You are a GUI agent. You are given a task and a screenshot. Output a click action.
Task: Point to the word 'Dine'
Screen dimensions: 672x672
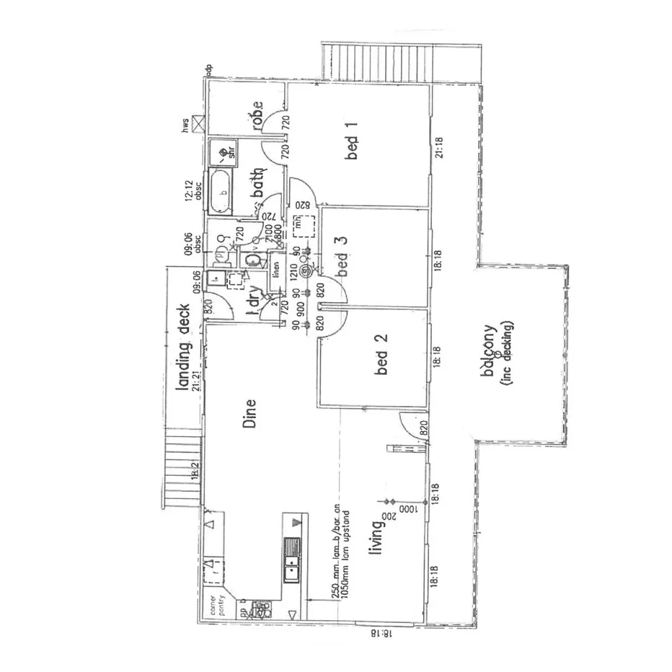(249, 414)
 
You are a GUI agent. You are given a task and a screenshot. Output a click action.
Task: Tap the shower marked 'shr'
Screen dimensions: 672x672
(220, 152)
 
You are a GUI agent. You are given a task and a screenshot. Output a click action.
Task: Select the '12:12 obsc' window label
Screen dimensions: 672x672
(191, 193)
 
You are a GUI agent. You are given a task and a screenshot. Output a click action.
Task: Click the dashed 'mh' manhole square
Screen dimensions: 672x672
(300, 226)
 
